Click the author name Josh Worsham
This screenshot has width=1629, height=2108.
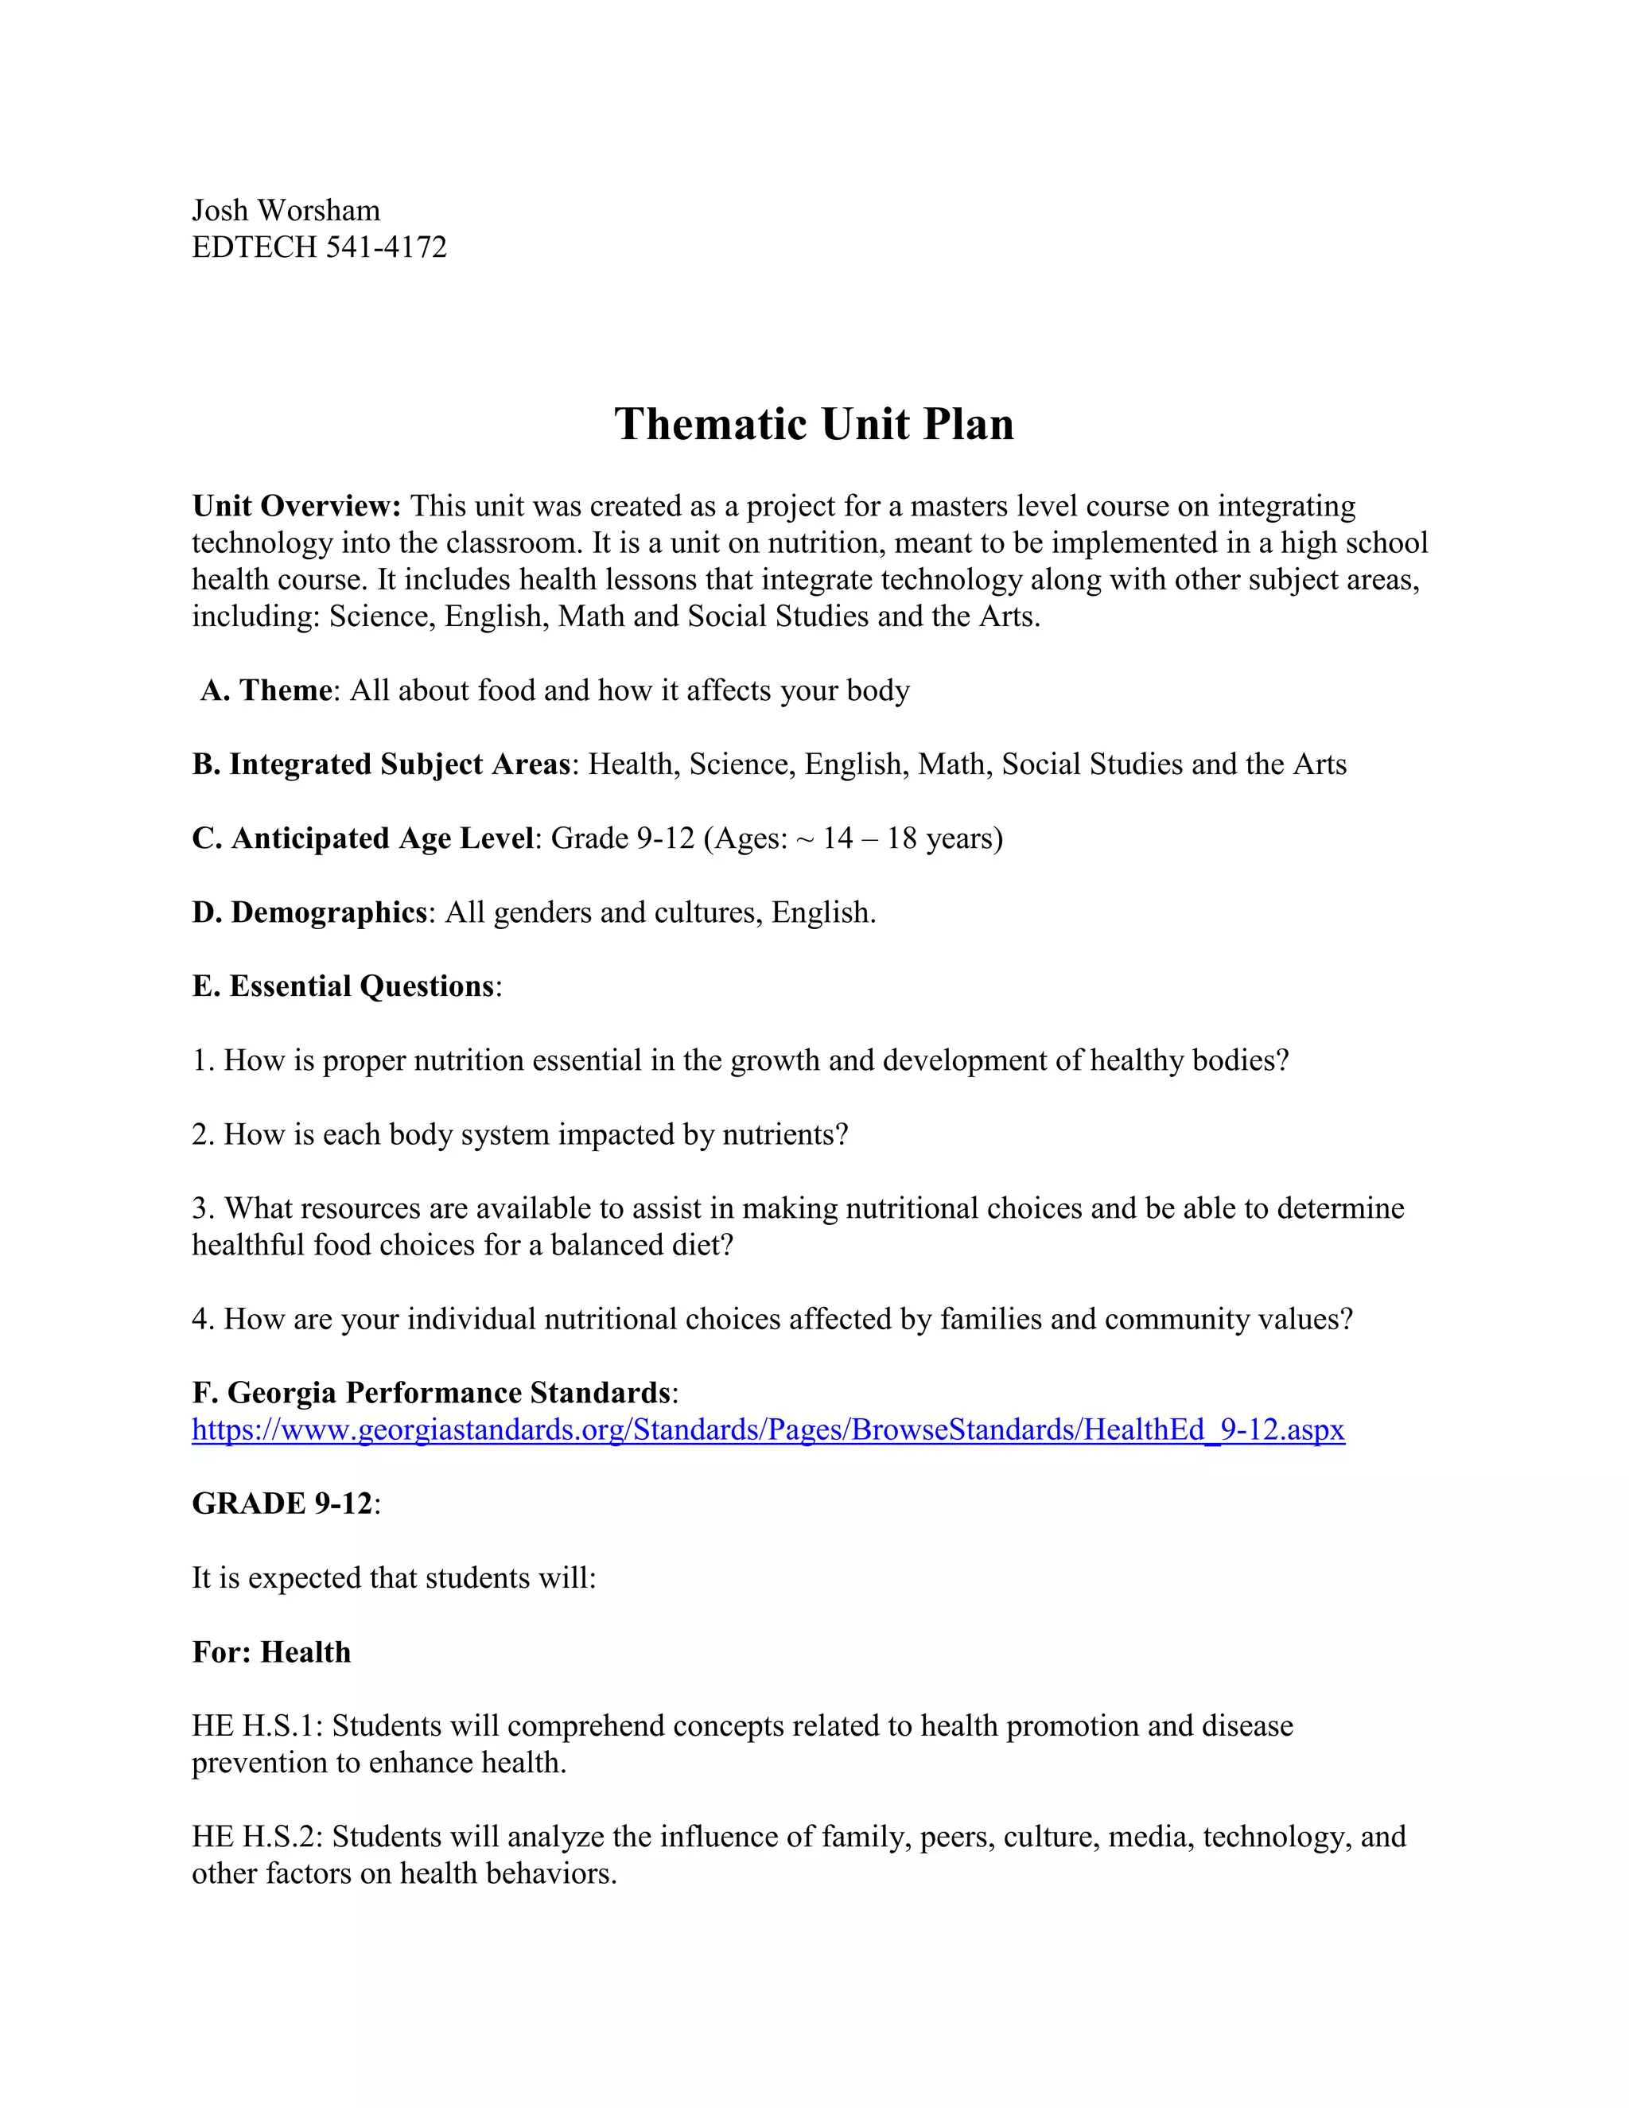click(286, 211)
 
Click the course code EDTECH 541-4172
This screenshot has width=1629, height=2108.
click(320, 247)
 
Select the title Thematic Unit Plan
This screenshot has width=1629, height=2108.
click(814, 424)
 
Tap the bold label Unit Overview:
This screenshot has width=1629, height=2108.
click(296, 506)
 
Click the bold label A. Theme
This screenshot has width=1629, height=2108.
click(266, 690)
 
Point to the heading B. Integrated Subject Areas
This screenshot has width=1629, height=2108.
click(381, 764)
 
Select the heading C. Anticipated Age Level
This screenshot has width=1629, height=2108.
click(362, 838)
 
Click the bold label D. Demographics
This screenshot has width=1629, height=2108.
click(309, 912)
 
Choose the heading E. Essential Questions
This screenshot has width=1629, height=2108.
click(343, 986)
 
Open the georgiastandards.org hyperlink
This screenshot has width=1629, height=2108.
click(768, 1429)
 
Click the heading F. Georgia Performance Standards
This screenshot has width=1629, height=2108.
click(431, 1393)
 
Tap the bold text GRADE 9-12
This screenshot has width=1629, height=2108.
click(282, 1503)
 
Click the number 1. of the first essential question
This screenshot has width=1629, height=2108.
click(203, 1060)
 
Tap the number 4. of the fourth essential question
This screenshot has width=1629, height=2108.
click(203, 1320)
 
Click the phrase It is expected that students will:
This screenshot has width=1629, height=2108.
click(394, 1578)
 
